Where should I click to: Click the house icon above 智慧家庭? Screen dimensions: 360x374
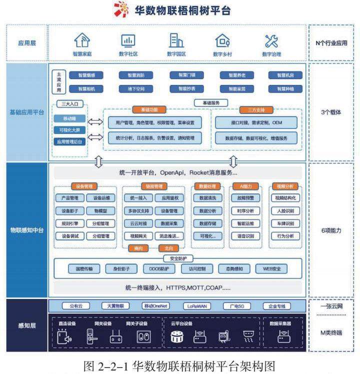pyautogui.click(x=83, y=40)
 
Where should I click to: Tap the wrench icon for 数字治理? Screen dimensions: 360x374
pyautogui.click(x=271, y=40)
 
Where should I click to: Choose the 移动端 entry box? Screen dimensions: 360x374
pyautogui.click(x=70, y=119)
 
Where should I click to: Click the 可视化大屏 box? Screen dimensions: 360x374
pyautogui.click(x=70, y=130)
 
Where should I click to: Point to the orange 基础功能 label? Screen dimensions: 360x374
pyautogui.click(x=148, y=109)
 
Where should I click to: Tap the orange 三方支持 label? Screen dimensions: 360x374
pyautogui.click(x=256, y=109)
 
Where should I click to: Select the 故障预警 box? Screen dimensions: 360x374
pyautogui.click(x=245, y=198)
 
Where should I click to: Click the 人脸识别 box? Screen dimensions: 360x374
pyautogui.click(x=285, y=211)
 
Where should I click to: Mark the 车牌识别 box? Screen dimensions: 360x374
pyautogui.click(x=285, y=223)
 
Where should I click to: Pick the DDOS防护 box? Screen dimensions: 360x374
pyautogui.click(x=159, y=269)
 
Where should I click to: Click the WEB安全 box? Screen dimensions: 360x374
pyautogui.click(x=271, y=269)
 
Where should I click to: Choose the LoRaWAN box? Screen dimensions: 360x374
pyautogui.click(x=197, y=306)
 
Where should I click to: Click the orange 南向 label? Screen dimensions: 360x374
pyautogui.click(x=138, y=248)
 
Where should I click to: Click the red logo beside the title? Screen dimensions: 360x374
pyautogui.click(x=121, y=10)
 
